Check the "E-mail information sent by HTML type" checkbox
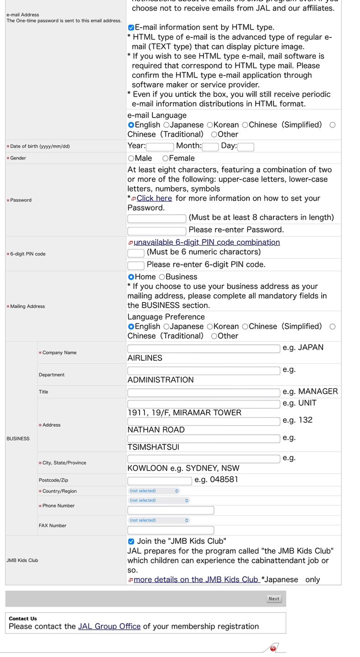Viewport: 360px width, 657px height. [131, 28]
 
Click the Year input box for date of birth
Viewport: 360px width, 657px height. [160, 147]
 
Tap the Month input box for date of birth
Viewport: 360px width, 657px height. [210, 147]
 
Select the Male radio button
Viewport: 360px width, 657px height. [131, 158]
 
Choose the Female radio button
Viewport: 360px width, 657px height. [166, 158]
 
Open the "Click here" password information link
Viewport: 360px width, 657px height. [154, 198]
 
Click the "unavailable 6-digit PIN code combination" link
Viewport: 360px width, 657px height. [207, 242]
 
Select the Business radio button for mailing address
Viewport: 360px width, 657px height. [162, 277]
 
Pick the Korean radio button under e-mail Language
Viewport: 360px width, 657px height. [210, 125]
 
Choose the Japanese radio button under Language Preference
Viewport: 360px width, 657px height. [167, 327]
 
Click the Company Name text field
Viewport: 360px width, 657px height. [203, 349]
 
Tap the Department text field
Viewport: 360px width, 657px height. [203, 371]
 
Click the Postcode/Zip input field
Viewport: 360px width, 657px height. [160, 481]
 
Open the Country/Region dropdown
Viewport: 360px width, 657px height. [154, 491]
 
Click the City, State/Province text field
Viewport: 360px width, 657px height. [203, 459]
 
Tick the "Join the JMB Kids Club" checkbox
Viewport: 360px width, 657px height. [131, 542]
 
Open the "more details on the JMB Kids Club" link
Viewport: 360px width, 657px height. [196, 580]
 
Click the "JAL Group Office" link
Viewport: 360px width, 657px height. [109, 626]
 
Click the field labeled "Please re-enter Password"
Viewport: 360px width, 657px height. [157, 231]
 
